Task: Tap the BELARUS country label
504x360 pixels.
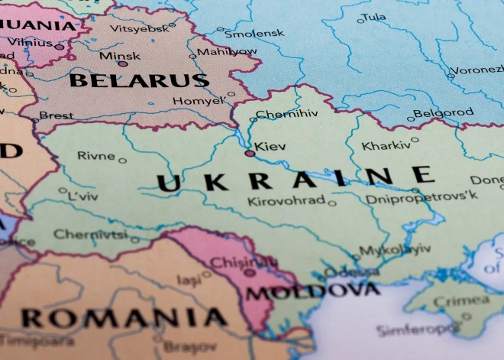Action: (138, 80)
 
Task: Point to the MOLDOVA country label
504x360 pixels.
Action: (313, 291)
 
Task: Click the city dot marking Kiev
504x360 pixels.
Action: (250, 154)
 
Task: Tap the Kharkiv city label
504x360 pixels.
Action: (385, 145)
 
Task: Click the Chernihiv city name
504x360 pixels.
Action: (286, 115)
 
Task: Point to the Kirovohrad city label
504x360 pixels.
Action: (286, 202)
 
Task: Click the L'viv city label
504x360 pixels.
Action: (83, 196)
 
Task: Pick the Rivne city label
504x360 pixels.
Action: (95, 156)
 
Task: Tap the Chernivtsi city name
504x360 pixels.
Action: (90, 235)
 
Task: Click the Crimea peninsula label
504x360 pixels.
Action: (451, 300)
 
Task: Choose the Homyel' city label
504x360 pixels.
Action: (198, 101)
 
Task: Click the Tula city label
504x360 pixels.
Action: (373, 17)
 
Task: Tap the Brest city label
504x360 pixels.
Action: (57, 115)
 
